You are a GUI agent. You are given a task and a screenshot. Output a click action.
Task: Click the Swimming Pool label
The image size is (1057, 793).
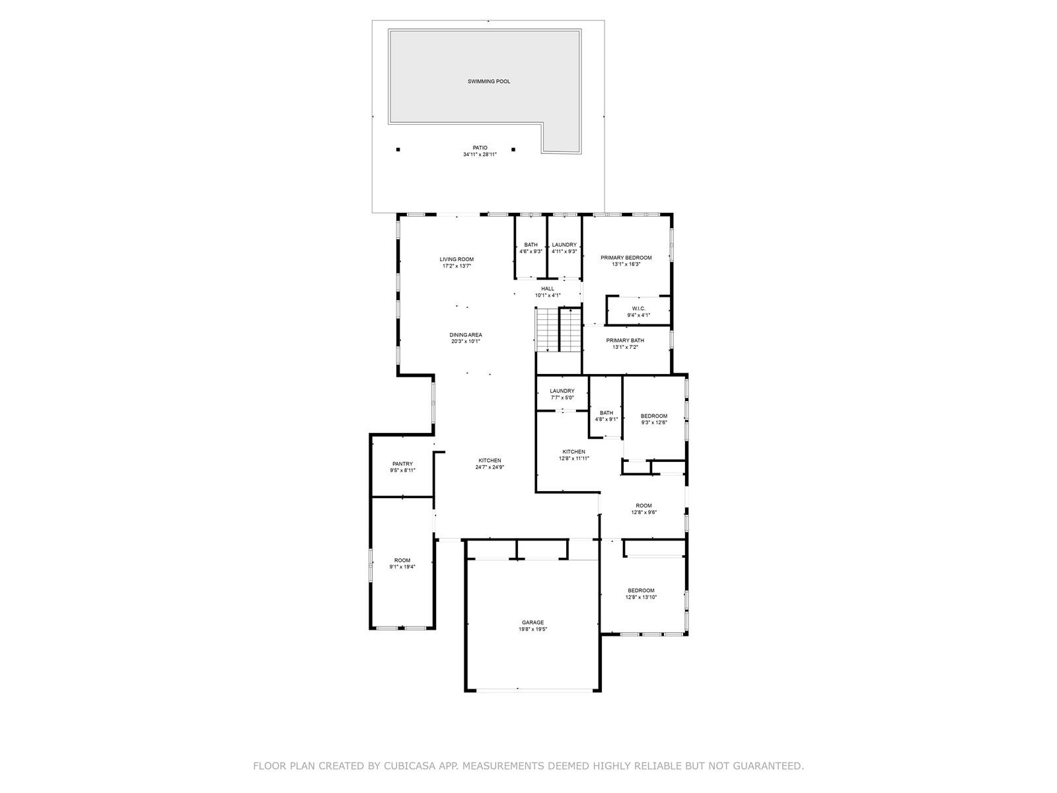click(x=489, y=81)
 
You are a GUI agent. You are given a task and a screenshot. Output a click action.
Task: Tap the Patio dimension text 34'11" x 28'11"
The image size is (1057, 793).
click(x=480, y=155)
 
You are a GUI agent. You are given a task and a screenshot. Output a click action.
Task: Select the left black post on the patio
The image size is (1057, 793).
click(x=398, y=150)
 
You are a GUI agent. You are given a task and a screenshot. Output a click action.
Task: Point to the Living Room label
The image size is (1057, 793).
click(x=456, y=259)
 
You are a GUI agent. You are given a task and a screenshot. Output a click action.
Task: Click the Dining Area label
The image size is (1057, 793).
click(x=466, y=334)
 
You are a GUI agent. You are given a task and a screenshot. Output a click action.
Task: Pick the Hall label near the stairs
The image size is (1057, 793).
click(x=548, y=288)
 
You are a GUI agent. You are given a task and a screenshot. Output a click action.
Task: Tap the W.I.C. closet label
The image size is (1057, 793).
click(x=639, y=309)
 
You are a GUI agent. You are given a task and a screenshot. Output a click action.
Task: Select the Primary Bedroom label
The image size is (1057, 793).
click(x=626, y=258)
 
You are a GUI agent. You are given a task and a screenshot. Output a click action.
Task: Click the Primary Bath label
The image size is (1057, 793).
click(x=625, y=340)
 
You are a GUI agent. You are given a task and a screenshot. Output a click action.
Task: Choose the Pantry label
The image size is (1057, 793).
click(x=402, y=464)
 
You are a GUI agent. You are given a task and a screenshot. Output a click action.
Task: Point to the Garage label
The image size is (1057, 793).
click(x=533, y=623)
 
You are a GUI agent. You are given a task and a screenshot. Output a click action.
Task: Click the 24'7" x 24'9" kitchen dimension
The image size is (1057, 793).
click(x=490, y=467)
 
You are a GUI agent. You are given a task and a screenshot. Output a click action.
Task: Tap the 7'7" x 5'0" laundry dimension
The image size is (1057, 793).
click(x=562, y=398)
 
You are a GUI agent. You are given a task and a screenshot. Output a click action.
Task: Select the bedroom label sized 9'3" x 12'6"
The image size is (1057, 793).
click(x=654, y=416)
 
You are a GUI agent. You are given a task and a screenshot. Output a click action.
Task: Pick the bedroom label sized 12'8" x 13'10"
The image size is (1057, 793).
click(x=641, y=590)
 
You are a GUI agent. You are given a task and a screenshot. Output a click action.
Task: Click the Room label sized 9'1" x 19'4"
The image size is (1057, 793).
click(x=402, y=560)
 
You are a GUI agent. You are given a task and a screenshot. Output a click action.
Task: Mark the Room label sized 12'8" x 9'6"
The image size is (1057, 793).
click(x=644, y=506)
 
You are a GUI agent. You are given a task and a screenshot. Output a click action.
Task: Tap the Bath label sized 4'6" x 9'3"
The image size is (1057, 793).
click(x=530, y=245)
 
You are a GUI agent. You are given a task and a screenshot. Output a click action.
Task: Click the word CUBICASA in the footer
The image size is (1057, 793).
click(x=408, y=766)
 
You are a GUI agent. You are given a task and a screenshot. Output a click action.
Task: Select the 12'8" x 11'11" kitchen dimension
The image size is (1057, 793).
click(x=574, y=459)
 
